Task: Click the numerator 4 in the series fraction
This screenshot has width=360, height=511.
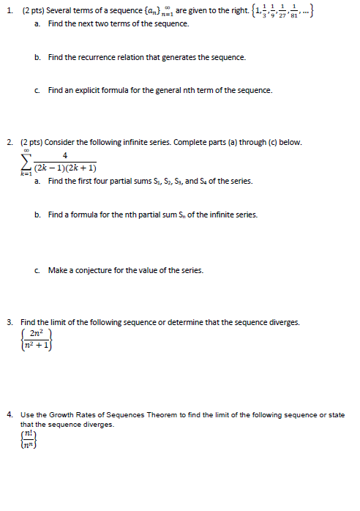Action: click(x=66, y=155)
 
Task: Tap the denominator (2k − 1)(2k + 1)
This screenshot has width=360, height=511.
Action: click(x=66, y=169)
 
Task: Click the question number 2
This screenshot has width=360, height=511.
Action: click(x=8, y=142)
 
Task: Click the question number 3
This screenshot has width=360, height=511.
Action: click(x=8, y=322)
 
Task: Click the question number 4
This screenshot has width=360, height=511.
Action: click(x=8, y=415)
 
